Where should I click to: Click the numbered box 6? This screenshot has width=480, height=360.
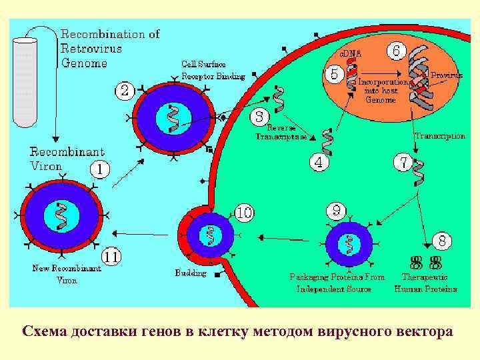click(x=397, y=51)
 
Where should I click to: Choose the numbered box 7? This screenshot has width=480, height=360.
click(x=403, y=161)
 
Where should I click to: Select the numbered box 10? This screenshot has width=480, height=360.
click(x=244, y=213)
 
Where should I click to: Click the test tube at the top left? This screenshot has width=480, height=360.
click(x=25, y=80)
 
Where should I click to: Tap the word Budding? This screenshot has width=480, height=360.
click(x=191, y=273)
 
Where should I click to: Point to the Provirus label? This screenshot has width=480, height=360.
click(x=447, y=76)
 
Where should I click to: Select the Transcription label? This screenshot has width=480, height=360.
click(x=439, y=135)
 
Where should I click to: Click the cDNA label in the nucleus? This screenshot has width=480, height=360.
click(x=351, y=53)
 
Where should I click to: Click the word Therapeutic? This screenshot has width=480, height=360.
click(x=425, y=276)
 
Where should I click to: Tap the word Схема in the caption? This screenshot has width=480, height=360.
click(x=45, y=331)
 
